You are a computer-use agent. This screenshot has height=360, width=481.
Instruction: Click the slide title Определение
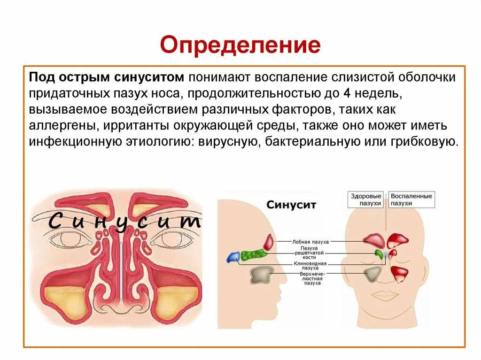pyautogui.click(x=240, y=46)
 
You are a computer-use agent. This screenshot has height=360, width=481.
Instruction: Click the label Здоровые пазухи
pyautogui.click(x=366, y=199)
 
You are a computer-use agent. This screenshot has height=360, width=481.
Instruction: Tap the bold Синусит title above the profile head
pyautogui.click(x=291, y=205)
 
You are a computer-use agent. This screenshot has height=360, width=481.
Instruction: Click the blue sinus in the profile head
pyautogui.click(x=233, y=257)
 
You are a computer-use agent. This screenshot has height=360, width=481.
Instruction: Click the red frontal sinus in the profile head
pyautogui.click(x=269, y=242)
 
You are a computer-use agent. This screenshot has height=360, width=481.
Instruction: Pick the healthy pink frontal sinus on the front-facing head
pyautogui.click(x=373, y=241)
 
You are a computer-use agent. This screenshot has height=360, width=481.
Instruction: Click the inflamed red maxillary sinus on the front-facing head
pyautogui.click(x=399, y=273)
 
